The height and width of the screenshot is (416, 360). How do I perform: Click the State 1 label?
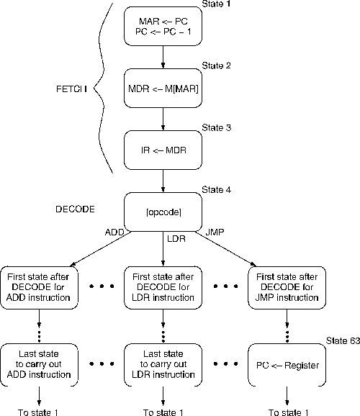(x=216, y=4)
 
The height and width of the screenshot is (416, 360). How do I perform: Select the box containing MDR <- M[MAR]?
(x=163, y=88)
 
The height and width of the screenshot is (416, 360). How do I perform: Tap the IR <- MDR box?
(x=163, y=150)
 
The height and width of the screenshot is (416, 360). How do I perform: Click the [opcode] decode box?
(x=163, y=212)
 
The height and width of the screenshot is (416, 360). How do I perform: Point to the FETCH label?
(x=72, y=89)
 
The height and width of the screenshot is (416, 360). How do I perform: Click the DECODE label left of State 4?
(x=75, y=209)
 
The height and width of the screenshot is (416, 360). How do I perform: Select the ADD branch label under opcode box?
(x=114, y=232)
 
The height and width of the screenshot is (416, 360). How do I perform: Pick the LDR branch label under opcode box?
(x=176, y=239)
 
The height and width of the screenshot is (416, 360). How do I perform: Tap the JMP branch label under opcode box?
(x=215, y=232)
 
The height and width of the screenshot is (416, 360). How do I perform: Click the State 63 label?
(x=343, y=340)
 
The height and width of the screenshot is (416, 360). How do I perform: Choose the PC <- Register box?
(x=287, y=365)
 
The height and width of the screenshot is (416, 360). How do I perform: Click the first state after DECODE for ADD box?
(x=39, y=288)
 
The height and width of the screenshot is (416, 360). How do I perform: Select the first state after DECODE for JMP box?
(x=287, y=288)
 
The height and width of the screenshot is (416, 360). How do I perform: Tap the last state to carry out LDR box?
(x=163, y=365)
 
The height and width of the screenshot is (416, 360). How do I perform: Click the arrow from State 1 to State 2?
(x=163, y=58)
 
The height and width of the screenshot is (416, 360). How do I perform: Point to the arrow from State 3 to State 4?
(x=163, y=181)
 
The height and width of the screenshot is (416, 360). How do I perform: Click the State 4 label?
(x=216, y=190)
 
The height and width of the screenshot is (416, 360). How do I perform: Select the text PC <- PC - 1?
(x=163, y=32)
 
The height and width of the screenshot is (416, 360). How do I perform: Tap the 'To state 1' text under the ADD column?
(x=38, y=412)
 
